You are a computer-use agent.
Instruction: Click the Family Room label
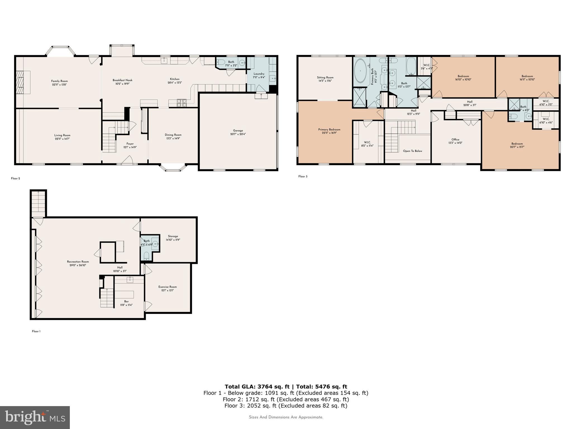click(x=59, y=81)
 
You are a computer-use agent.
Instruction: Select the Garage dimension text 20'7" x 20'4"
click(x=238, y=134)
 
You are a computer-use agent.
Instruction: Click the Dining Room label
click(x=173, y=135)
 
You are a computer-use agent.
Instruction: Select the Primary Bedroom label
click(x=329, y=130)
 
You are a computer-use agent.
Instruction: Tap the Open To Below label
click(x=412, y=151)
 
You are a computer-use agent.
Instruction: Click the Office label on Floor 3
click(x=455, y=139)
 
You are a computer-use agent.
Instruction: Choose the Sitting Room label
click(x=325, y=77)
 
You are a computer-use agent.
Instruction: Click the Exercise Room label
click(x=167, y=287)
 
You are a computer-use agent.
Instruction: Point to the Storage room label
click(x=173, y=236)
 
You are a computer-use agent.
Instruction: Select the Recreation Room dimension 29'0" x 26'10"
click(x=78, y=265)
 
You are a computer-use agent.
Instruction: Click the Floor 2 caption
click(x=15, y=178)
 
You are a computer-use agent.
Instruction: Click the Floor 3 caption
click(x=303, y=177)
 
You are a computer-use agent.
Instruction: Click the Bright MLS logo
click(x=35, y=417)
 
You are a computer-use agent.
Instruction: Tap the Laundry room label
click(x=259, y=74)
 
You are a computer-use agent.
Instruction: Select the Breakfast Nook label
click(x=122, y=80)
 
